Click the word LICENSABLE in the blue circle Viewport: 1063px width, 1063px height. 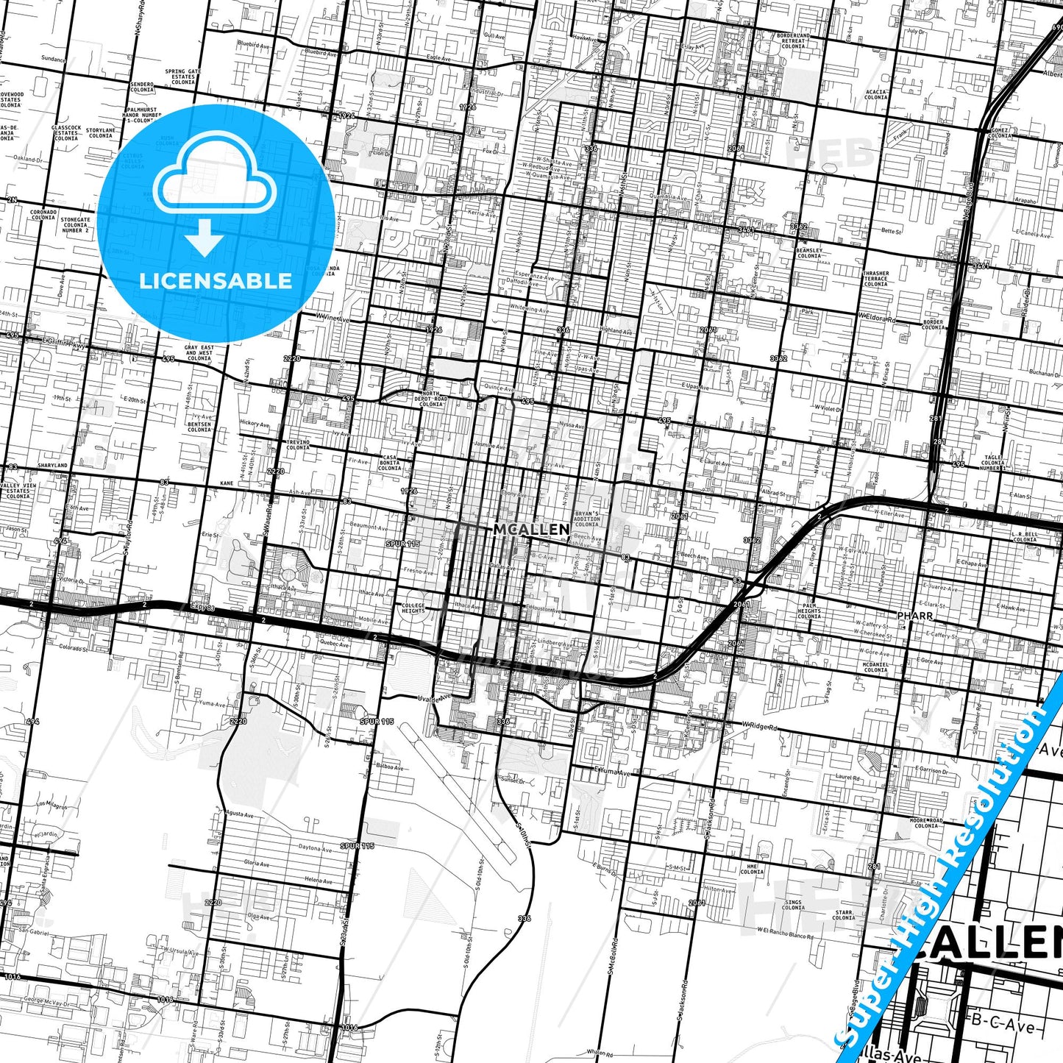click(216, 281)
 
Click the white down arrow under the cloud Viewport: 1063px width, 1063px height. click(205, 238)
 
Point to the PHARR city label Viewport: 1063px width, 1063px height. click(915, 615)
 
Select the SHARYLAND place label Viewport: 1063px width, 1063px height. click(52, 466)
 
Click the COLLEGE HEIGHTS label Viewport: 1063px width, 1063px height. click(413, 608)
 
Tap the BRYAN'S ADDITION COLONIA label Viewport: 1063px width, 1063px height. click(586, 519)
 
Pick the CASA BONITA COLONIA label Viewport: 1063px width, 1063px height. click(389, 463)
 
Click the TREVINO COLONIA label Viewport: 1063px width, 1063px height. click(298, 444)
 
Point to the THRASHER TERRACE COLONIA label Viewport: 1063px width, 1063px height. click(875, 278)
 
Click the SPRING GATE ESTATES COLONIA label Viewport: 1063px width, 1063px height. click(183, 77)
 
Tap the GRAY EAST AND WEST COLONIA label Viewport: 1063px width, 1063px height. click(199, 353)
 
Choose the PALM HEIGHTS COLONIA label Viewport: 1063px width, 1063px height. click(808, 611)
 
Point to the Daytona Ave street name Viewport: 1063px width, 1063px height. click(315, 848)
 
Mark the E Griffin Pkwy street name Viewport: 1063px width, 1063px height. click(65, 342)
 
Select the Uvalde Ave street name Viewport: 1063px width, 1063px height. click(434, 699)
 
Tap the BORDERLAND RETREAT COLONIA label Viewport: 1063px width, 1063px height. click(793, 40)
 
